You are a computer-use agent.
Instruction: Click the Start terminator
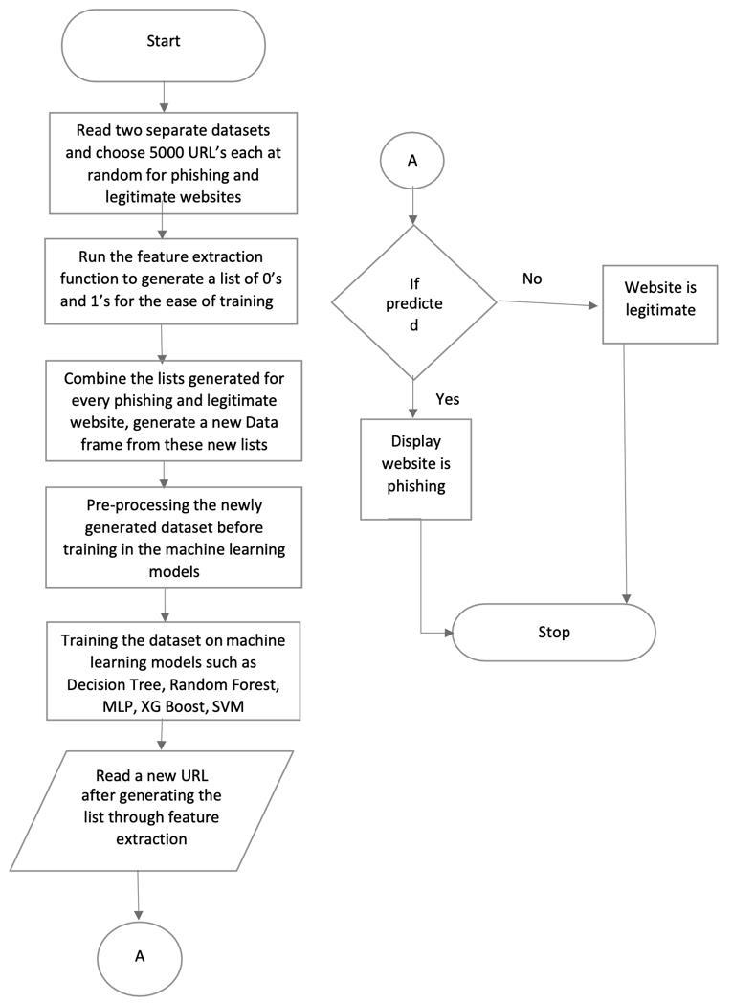pyautogui.click(x=163, y=45)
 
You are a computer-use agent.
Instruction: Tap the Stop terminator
pyautogui.click(x=554, y=632)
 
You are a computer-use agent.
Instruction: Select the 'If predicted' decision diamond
pyautogui.click(x=413, y=302)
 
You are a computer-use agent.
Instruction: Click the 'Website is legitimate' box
pyautogui.click(x=660, y=304)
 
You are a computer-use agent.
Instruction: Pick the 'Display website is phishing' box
pyautogui.click(x=415, y=469)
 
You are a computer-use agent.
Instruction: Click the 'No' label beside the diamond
pyautogui.click(x=532, y=279)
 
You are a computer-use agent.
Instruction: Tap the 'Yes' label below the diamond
pyautogui.click(x=448, y=399)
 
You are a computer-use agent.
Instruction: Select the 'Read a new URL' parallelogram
pyautogui.click(x=151, y=811)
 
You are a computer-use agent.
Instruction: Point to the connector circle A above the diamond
pyautogui.click(x=412, y=161)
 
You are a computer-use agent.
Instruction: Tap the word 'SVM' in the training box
pyautogui.click(x=228, y=707)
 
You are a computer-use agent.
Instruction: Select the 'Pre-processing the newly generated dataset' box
pyautogui.click(x=174, y=537)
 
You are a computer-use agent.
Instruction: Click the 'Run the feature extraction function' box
pyautogui.click(x=171, y=281)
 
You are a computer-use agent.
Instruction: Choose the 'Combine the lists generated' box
pyautogui.click(x=174, y=411)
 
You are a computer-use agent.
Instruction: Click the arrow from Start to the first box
pyautogui.click(x=163, y=98)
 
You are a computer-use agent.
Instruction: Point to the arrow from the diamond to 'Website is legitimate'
pyautogui.click(x=547, y=303)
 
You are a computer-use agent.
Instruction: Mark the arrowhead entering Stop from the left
pyautogui.click(x=449, y=633)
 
